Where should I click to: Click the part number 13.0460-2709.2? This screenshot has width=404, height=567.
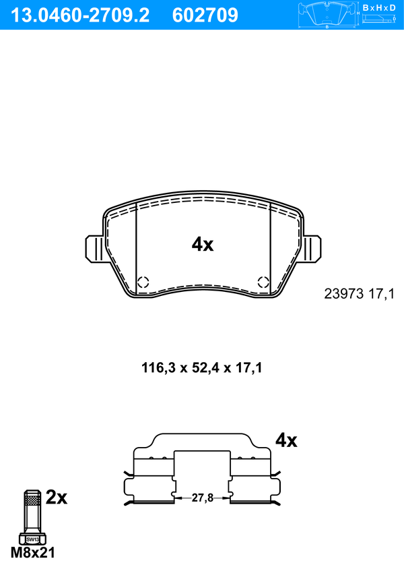79,16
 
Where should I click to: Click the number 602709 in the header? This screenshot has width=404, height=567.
205,16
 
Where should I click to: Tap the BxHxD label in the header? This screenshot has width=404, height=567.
379,7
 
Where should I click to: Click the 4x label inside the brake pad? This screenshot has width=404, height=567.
203,245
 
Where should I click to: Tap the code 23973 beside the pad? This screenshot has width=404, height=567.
343,294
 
